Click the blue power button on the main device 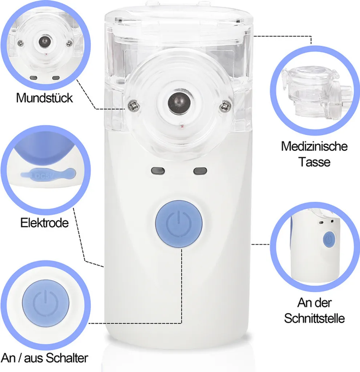179,224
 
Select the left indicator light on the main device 158,171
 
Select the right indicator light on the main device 200,171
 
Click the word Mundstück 44,98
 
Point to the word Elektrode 44,223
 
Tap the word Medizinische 314,146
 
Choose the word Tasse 314,162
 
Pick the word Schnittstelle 314,318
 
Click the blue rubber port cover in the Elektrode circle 48,173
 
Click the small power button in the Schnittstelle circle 329,240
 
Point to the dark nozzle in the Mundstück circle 45,41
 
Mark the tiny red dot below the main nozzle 182,126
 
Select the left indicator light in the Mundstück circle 34,78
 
